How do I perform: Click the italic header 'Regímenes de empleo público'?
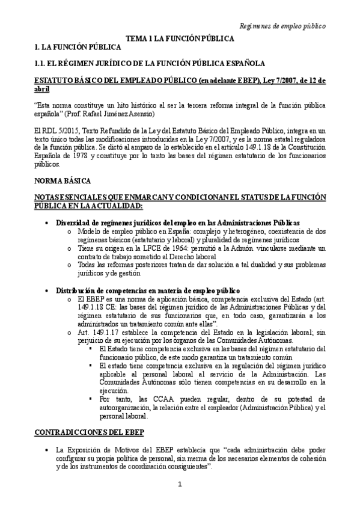[x=282, y=26]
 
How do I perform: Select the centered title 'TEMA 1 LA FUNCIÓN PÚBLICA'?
[x=179, y=38]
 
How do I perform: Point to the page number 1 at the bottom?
[x=180, y=485]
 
